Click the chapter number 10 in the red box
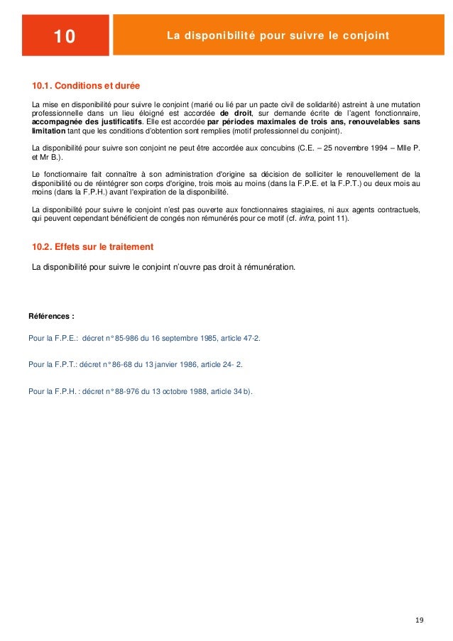click(65, 36)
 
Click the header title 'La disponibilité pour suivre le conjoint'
click(278, 35)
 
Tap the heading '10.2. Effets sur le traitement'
click(93, 246)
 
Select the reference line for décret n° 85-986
click(144, 338)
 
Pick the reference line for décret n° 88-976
click(140, 390)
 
